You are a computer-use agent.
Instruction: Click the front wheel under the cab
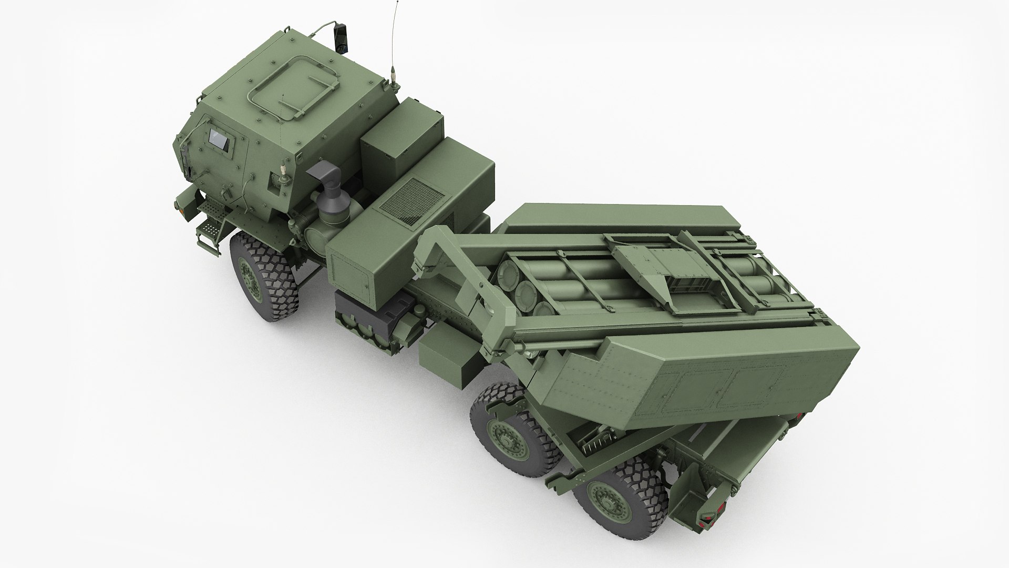pos(263,278)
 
